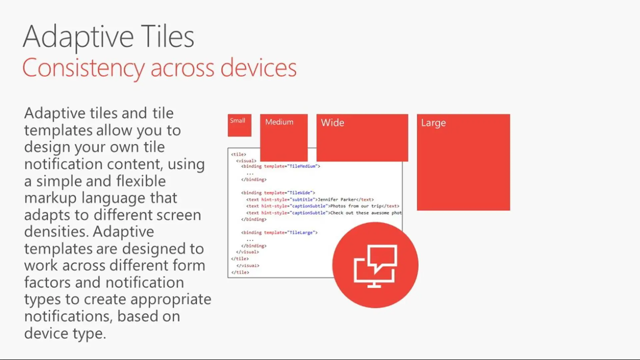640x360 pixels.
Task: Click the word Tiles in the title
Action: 168,37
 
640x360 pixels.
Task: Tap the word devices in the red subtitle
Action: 259,68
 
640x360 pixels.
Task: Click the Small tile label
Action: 237,121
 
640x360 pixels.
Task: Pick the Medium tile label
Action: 279,122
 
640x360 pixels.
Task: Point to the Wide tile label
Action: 333,123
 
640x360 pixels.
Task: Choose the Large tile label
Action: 433,123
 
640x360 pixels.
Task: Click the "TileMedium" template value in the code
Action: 302,166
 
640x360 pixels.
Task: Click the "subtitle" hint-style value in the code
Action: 302,199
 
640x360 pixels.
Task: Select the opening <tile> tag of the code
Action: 239,154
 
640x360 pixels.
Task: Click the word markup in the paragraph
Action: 50,198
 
